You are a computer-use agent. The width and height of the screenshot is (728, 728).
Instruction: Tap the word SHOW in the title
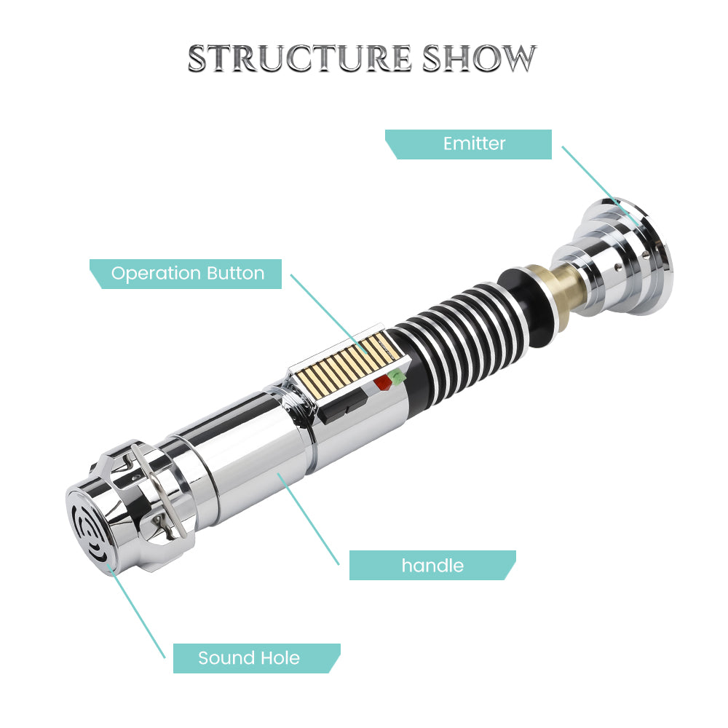[x=479, y=58]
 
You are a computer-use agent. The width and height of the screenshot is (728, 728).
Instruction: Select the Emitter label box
[x=473, y=144]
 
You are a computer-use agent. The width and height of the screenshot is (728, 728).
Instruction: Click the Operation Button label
[x=187, y=274]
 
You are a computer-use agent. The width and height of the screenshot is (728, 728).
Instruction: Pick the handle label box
[x=432, y=566]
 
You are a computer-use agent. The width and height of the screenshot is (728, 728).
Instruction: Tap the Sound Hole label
[x=249, y=658]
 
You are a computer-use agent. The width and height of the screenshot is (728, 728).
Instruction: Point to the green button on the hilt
[x=397, y=376]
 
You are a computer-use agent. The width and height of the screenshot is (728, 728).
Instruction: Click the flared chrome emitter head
[x=619, y=255]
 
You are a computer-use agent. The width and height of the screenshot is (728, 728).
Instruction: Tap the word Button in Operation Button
[x=234, y=274]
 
